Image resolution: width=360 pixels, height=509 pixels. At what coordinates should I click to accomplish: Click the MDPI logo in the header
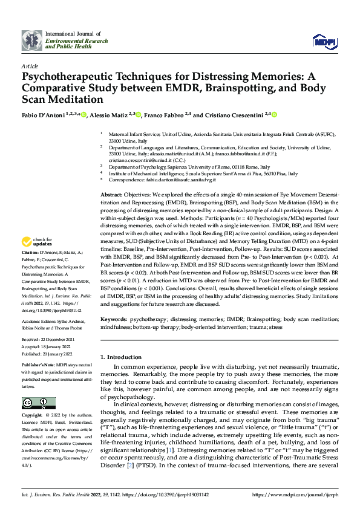[323, 41]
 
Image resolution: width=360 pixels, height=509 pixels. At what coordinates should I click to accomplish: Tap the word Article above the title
[29, 65]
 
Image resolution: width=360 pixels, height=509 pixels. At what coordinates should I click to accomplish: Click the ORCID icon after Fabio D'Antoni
[83, 114]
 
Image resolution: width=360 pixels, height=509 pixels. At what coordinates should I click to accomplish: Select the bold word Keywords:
[114, 318]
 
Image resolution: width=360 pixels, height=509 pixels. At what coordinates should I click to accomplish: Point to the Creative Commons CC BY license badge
[39, 403]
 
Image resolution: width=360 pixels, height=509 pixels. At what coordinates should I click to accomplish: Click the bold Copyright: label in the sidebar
[33, 416]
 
